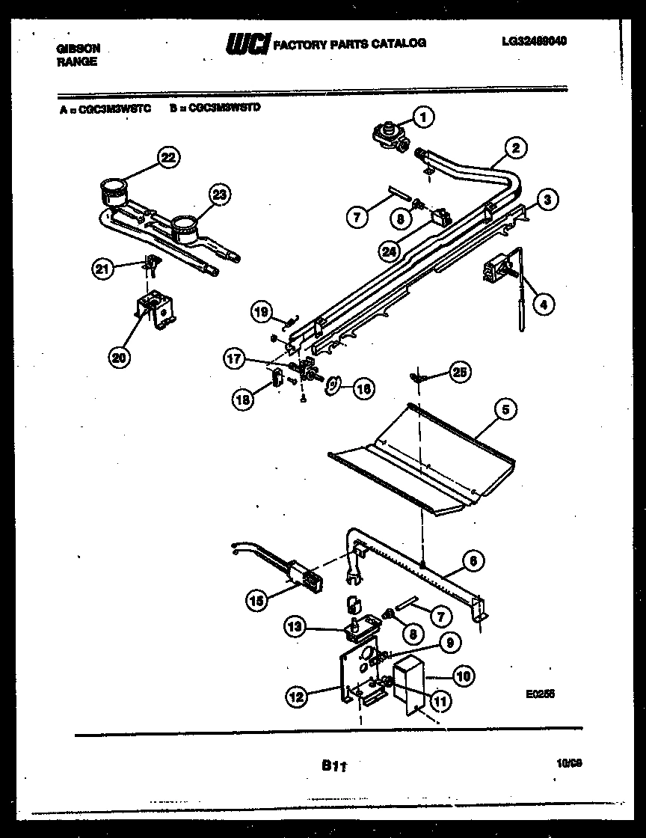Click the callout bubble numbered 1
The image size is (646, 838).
coord(423,117)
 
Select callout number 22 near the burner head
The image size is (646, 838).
coord(169,157)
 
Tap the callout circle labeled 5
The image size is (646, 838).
coord(506,409)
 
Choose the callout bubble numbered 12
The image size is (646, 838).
coord(297,697)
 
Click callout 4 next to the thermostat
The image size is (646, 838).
coord(544,305)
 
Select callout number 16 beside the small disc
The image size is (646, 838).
coord(363,388)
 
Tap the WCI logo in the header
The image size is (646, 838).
coord(247,44)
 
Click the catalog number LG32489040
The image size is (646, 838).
coord(534,41)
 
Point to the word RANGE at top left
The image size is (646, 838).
coord(77,62)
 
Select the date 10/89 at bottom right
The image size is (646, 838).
coord(569,763)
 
